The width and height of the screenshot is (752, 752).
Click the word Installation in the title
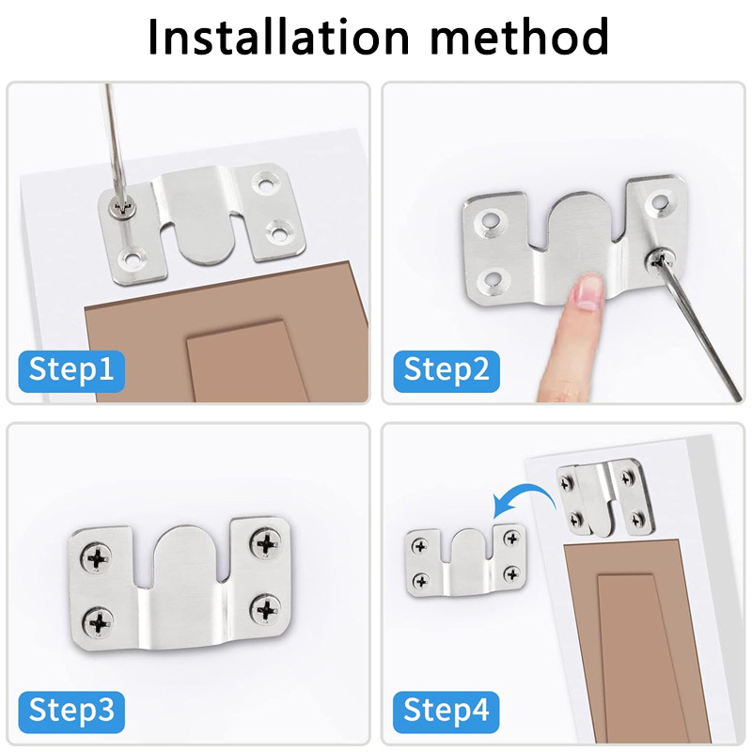[x=278, y=37]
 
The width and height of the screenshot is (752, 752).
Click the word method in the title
[x=520, y=37]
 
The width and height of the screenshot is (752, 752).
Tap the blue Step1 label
[x=71, y=370]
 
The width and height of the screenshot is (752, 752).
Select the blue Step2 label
[x=446, y=370]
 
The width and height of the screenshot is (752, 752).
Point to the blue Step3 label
[x=71, y=712]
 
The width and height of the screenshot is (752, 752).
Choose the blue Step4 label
[x=446, y=712]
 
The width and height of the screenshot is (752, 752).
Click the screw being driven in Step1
[x=123, y=209]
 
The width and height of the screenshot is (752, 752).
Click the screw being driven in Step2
[x=659, y=259]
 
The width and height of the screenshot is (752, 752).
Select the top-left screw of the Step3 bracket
[x=97, y=558]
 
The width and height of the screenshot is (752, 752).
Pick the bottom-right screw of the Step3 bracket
[x=265, y=610]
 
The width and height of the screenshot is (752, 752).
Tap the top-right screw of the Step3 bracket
[x=265, y=543]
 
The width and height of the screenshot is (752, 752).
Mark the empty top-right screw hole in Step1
[x=265, y=182]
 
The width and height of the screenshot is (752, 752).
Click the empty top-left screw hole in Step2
[x=489, y=222]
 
